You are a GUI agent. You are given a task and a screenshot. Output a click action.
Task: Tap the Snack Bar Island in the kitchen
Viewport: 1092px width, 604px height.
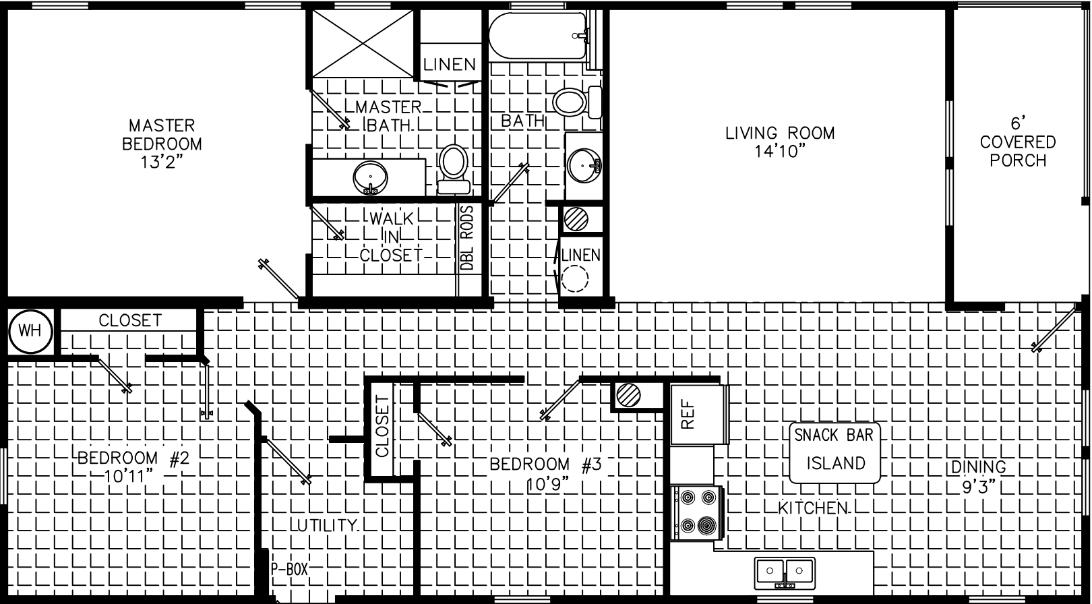[835, 452]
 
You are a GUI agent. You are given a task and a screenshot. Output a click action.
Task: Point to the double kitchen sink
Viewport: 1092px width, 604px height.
[785, 572]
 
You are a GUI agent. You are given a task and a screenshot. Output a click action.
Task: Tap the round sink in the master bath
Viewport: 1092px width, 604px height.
[370, 177]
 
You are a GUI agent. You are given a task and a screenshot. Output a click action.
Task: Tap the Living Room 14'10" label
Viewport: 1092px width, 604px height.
[780, 142]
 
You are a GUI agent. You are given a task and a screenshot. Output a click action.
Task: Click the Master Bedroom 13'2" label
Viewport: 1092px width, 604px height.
[162, 143]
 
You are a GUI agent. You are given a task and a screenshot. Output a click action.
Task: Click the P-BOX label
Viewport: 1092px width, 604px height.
[289, 570]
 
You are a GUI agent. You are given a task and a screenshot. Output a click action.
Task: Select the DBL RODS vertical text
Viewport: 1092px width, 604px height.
[467, 238]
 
